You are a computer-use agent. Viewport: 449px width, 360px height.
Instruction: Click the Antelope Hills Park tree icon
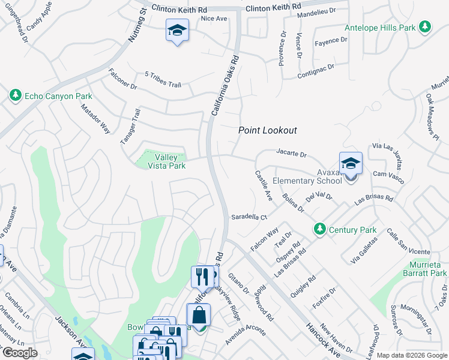[x=425, y=27]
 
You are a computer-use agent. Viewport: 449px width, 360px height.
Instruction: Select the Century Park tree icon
[x=320, y=229]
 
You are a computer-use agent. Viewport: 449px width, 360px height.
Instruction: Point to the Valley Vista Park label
[x=162, y=161]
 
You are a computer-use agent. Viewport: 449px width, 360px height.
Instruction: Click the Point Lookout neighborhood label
[x=268, y=130]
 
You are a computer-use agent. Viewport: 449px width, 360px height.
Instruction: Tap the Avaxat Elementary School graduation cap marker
[x=351, y=163]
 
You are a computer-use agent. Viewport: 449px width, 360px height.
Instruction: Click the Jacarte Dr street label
[x=291, y=154]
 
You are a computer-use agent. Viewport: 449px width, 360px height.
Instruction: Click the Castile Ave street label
[x=264, y=186]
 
